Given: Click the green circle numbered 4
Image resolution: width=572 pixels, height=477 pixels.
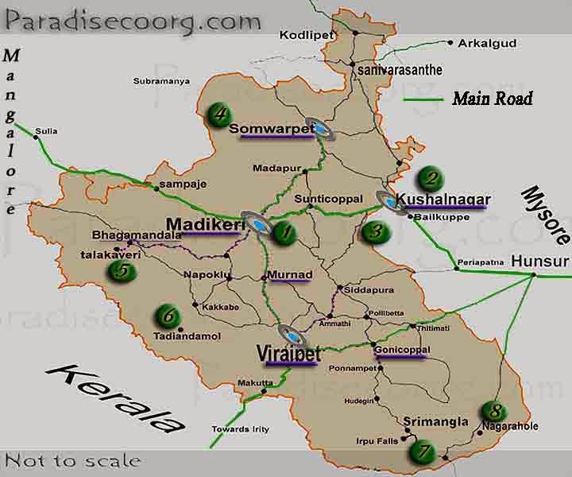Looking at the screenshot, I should point(218,114).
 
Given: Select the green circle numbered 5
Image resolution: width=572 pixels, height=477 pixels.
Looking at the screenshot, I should point(122,270).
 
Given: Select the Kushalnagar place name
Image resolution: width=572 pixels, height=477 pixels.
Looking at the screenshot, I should point(444,199).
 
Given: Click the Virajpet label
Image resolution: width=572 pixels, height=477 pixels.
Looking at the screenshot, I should point(287,352).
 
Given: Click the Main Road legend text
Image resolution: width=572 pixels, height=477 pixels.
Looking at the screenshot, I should point(492,99).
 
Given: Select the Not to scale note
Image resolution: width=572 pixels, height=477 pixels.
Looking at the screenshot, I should point(73,460).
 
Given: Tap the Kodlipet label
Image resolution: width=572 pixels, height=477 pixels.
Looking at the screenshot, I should point(301,36).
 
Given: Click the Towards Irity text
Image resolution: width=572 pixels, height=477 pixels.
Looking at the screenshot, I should point(239,429).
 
